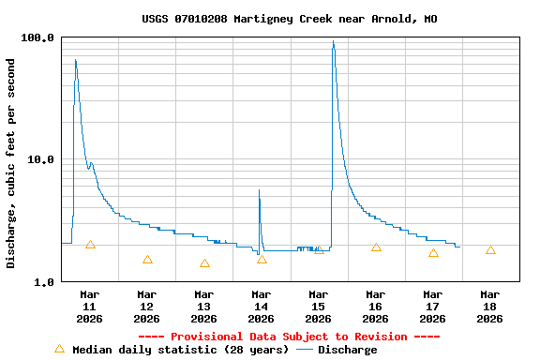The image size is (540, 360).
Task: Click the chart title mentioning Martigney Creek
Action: coord(289,19)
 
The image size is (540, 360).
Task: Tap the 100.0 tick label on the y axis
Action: coord(37,37)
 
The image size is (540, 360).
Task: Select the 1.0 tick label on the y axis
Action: coord(44,281)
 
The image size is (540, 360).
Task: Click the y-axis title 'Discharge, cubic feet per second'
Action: coord(11,163)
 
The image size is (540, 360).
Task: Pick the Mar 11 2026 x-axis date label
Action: coord(90,307)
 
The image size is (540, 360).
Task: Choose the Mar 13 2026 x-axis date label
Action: coord(204,307)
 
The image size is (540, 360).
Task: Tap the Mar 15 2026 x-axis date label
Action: coord(319,307)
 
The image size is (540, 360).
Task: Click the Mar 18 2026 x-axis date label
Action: coord(490,307)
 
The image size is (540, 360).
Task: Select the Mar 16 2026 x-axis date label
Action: coord(376,307)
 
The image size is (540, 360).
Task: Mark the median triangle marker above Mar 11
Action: coord(90,245)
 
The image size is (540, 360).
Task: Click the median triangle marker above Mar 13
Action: coord(204,263)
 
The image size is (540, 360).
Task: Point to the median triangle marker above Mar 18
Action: coord(490,250)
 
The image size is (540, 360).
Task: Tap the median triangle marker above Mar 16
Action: coord(376,247)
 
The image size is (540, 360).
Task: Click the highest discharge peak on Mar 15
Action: coord(333,42)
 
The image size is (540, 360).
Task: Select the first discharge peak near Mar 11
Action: coord(75,61)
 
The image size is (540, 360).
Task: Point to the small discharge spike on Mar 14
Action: coord(260,190)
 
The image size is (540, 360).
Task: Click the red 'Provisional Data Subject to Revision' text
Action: coord(289,337)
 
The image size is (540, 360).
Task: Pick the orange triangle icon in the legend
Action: coord(60,349)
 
